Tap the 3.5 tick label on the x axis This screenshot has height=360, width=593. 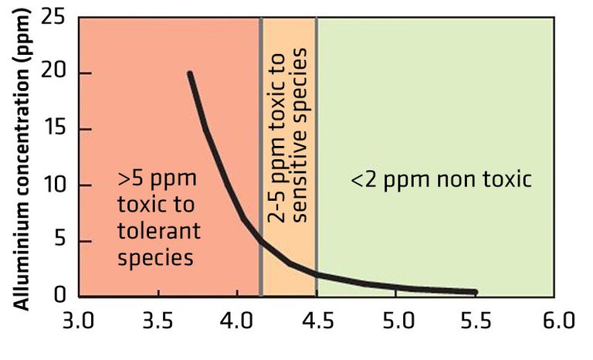[158, 319]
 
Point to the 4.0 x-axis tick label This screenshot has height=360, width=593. [237, 319]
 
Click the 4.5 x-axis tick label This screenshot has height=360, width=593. [316, 319]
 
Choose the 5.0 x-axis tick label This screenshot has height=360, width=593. [395, 319]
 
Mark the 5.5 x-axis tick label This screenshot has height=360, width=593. [474, 319]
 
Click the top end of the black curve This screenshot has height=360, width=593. [189, 74]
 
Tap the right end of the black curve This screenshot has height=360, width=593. [474, 292]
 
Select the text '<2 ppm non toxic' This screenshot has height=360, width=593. [441, 180]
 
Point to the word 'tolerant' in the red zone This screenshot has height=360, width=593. [159, 231]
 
